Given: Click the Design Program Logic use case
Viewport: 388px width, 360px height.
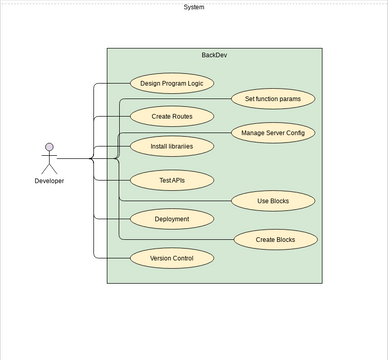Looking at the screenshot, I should click(172, 83).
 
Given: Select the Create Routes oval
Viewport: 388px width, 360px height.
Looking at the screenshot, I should click(172, 116).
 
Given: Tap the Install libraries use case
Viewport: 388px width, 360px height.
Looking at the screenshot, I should click(172, 146).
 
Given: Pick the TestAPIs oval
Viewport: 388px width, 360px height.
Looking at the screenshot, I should click(172, 180).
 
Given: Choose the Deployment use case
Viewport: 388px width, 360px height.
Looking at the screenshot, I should click(172, 218).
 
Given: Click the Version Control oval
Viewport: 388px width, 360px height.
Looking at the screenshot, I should click(172, 258).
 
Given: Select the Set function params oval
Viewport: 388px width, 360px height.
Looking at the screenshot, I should click(273, 98).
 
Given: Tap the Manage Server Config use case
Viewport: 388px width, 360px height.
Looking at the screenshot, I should click(273, 132).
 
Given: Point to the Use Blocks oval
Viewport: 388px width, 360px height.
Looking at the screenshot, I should click(273, 201).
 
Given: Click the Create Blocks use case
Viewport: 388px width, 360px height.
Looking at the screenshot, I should click(277, 239).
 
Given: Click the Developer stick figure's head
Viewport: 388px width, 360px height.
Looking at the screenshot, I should click(48, 147).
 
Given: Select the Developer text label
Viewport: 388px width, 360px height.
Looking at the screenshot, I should click(49, 181).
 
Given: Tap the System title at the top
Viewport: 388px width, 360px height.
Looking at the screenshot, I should click(194, 7).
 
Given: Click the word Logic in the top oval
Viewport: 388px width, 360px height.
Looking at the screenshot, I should click(191, 83).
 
